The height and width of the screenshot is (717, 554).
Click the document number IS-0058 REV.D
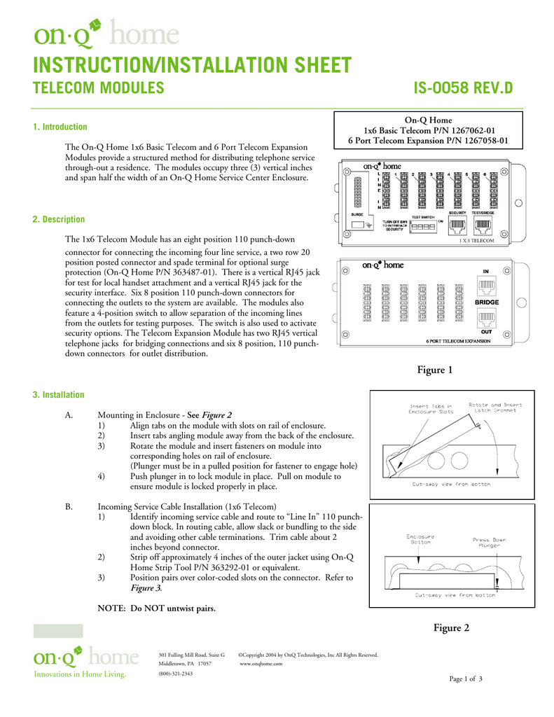462,88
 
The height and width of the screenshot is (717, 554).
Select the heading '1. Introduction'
60,127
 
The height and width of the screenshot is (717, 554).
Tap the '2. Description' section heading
59,219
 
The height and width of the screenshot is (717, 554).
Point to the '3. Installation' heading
59,395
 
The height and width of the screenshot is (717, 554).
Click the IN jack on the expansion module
485,285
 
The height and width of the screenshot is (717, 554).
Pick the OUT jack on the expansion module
485,317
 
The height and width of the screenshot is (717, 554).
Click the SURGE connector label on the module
356,214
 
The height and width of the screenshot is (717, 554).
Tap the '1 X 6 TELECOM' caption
476,240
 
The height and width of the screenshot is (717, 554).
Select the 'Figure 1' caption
435,370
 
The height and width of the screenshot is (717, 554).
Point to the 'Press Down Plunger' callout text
489,543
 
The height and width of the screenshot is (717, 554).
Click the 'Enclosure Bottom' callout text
421,540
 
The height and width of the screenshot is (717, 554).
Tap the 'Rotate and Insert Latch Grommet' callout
494,408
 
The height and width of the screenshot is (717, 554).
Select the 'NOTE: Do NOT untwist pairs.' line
157,608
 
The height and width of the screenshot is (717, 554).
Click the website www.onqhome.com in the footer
261,663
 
